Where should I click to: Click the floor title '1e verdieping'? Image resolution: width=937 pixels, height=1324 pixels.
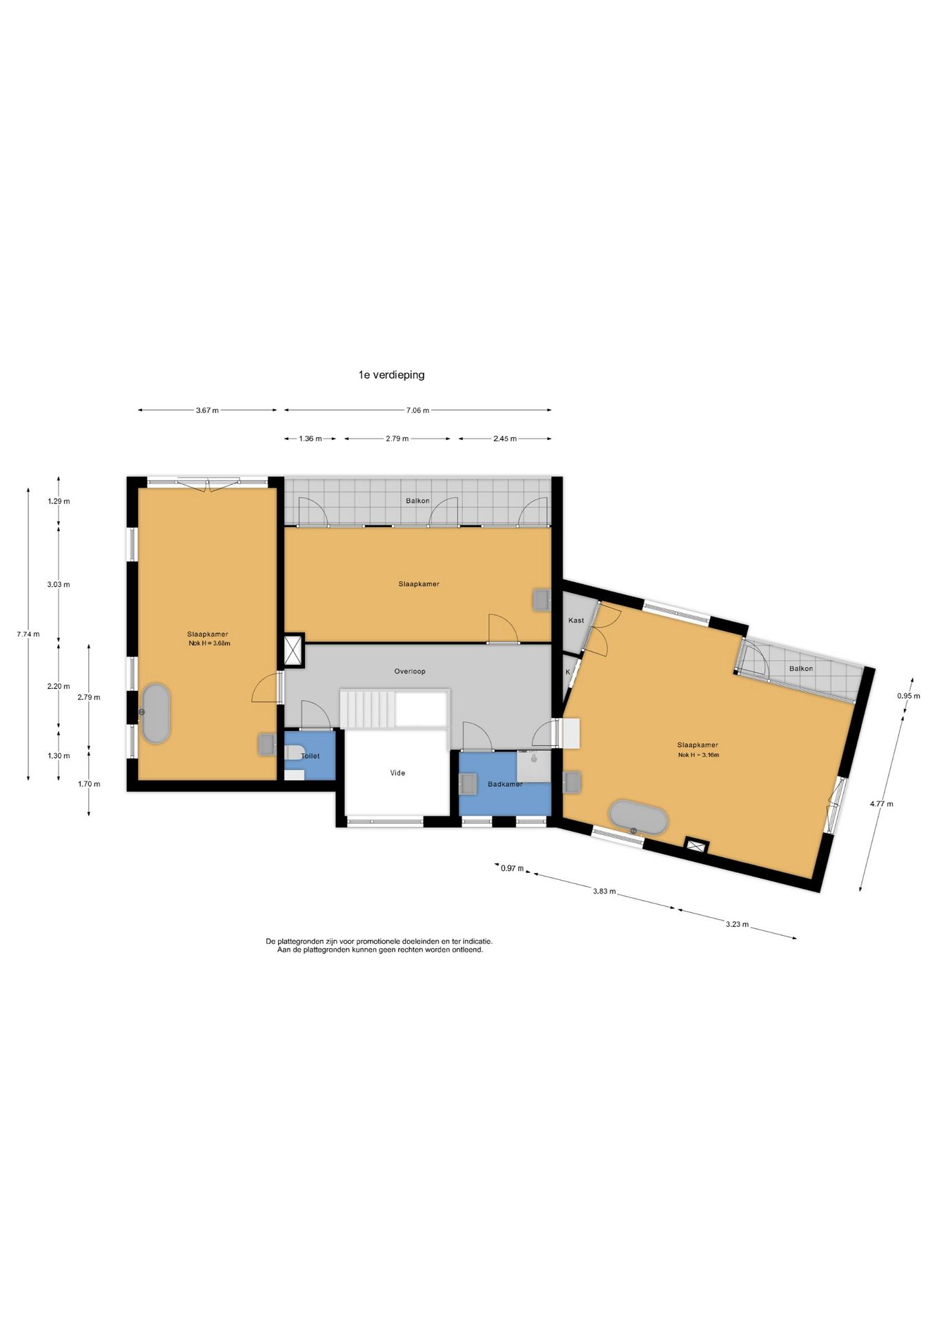tap(391, 375)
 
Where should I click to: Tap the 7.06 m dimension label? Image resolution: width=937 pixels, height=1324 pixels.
tap(417, 410)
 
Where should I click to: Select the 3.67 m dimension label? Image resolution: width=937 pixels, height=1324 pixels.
tap(207, 410)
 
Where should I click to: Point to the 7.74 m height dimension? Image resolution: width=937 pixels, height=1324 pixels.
tap(28, 634)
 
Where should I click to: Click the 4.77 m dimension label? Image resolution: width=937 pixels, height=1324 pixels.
tap(881, 803)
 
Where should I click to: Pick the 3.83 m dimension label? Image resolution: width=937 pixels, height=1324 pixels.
tap(604, 891)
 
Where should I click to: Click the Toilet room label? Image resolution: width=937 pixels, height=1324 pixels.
tap(310, 756)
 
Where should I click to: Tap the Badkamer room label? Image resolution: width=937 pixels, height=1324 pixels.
tap(505, 784)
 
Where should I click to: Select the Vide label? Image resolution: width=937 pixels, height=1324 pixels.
tap(397, 773)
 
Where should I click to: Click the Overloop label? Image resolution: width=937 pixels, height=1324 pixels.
tap(410, 671)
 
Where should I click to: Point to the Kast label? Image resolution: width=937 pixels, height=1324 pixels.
tap(576, 620)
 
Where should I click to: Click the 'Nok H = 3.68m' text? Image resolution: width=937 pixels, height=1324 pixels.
tap(209, 643)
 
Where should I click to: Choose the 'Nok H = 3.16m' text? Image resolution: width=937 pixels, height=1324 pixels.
tap(698, 754)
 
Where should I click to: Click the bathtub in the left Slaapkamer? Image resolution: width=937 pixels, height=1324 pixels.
tap(156, 714)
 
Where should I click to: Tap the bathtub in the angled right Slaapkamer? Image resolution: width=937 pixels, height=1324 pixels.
tap(638, 818)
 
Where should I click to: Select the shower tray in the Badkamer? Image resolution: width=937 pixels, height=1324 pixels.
tap(533, 767)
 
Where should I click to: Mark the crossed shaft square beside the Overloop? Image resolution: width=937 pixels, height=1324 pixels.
tap(295, 651)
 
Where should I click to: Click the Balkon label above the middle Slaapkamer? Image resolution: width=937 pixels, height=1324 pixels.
tap(417, 501)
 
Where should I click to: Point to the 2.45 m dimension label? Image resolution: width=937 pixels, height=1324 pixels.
tap(505, 439)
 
